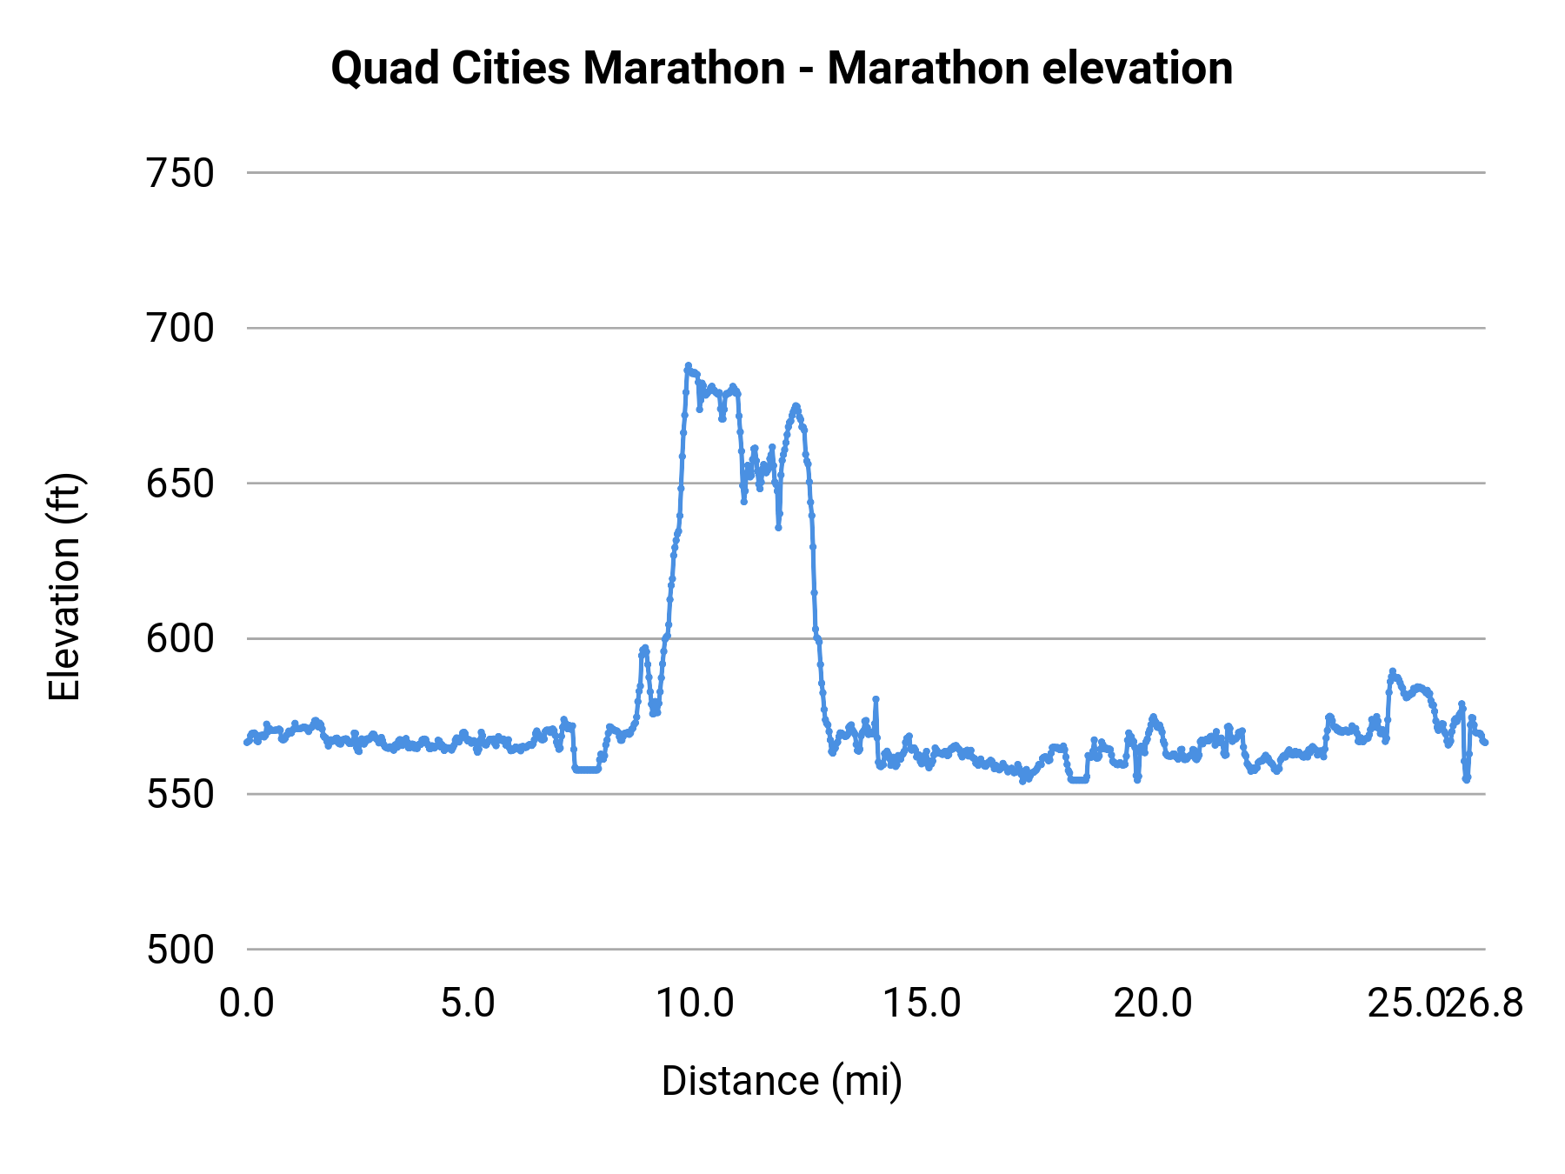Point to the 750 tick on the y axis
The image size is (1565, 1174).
[180, 174]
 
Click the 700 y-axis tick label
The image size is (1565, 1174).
[180, 329]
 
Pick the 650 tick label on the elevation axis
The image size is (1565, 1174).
[180, 484]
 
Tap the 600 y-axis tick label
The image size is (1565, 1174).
[180, 639]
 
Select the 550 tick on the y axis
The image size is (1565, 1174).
[180, 795]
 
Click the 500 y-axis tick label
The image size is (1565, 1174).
[180, 950]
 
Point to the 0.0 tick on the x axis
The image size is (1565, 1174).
[247, 1004]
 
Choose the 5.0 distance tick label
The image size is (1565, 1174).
[468, 1004]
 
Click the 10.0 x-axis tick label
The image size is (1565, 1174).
[695, 1004]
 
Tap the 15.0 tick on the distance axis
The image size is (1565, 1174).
[922, 1004]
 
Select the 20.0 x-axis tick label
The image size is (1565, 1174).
[1153, 1004]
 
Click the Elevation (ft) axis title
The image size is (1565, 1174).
[64, 587]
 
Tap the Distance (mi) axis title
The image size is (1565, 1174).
[782, 1081]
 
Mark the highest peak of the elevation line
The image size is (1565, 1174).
[688, 366]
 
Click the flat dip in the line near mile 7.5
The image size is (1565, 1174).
[586, 770]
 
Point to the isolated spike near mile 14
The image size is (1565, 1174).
[876, 699]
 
